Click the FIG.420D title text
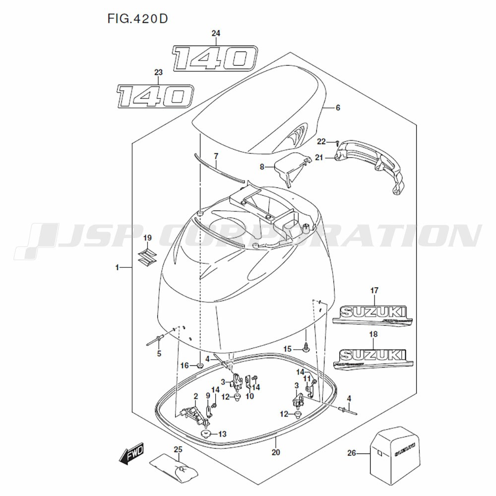tap(137, 19)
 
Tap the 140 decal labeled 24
tap(214, 58)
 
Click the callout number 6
tap(337, 108)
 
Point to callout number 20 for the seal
tap(276, 452)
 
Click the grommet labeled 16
tap(200, 366)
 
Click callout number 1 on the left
tap(118, 268)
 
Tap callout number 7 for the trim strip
tap(216, 156)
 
